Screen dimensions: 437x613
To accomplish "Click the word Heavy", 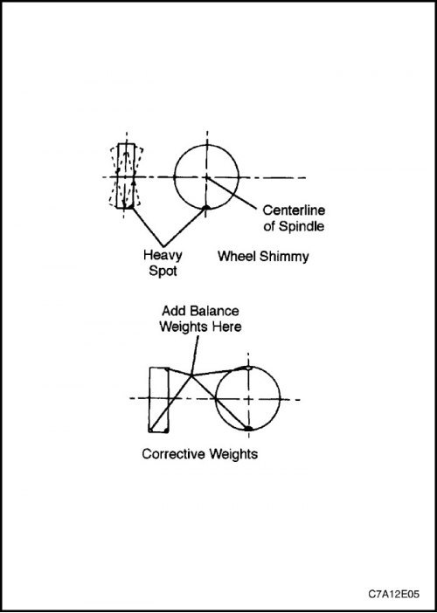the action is coord(163,255).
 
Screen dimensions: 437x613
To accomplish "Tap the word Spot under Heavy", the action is coord(163,271).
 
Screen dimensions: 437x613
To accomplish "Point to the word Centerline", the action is coord(294,210).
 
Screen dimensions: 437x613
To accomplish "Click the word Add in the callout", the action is coord(173,311).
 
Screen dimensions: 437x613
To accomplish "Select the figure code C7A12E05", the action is coord(393,595).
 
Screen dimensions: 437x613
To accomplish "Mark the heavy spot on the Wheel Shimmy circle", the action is coord(205,207).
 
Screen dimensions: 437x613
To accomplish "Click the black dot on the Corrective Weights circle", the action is coord(248,429).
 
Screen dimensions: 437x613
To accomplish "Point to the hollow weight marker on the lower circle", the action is coord(248,368).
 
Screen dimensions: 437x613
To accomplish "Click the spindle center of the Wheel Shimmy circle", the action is coord(207,177).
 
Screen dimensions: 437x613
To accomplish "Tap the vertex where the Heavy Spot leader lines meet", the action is coord(163,246).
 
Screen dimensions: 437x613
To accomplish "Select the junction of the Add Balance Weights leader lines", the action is coord(191,375).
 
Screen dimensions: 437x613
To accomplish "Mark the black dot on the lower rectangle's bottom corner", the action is coord(166,430).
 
